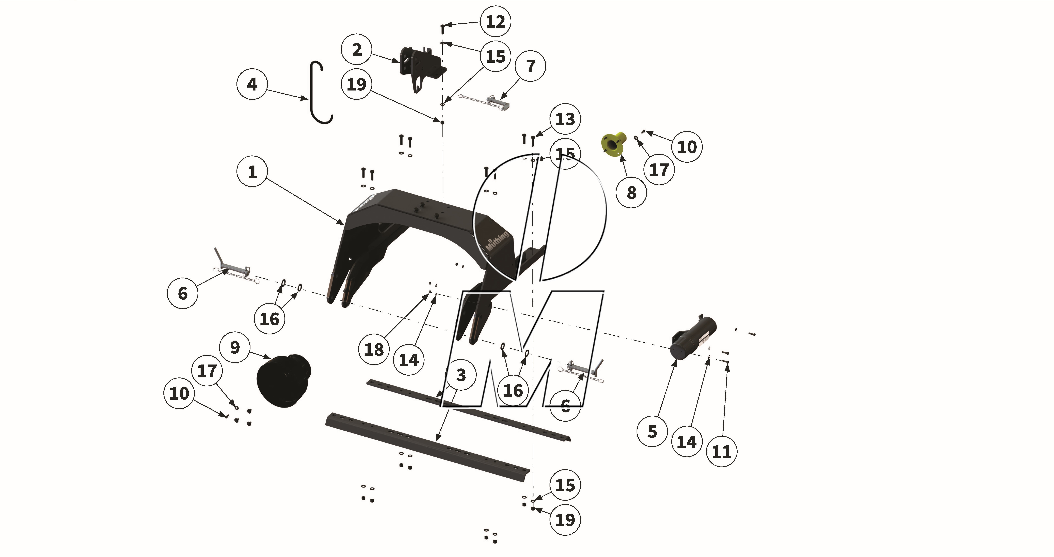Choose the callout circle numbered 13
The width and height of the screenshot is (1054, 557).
565,119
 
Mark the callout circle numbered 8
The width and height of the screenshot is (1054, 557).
631,192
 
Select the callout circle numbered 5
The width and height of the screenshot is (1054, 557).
652,431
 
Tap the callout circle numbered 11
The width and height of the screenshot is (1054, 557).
721,452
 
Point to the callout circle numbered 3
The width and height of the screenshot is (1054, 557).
461,375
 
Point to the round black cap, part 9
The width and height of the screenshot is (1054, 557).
282,381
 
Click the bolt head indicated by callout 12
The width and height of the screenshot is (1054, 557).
442,27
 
